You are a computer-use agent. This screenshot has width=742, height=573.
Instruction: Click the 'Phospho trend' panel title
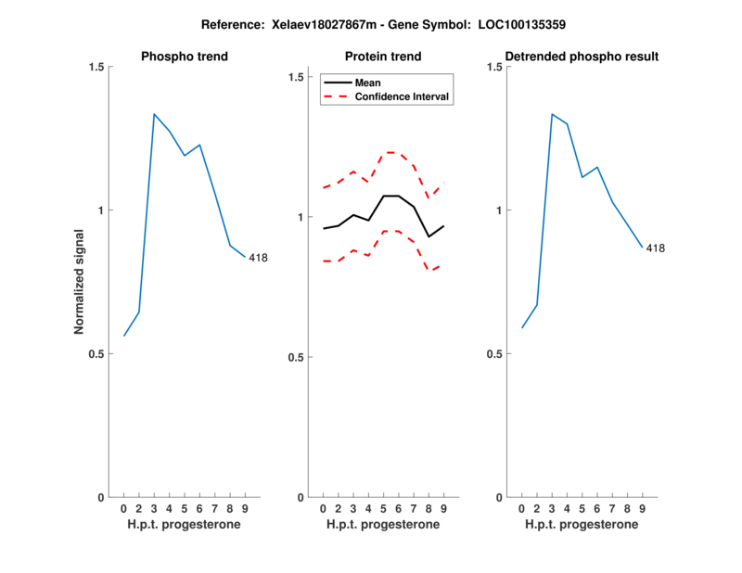click(184, 57)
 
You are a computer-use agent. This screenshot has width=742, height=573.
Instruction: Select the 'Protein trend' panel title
click(383, 57)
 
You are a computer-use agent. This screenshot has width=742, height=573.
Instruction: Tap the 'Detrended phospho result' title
click(582, 57)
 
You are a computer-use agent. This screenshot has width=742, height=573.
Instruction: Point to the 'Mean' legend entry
click(368, 83)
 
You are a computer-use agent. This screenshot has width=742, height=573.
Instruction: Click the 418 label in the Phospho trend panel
click(258, 258)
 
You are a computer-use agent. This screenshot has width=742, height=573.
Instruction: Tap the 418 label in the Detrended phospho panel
click(655, 248)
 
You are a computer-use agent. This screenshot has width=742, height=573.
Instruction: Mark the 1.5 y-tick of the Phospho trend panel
click(96, 67)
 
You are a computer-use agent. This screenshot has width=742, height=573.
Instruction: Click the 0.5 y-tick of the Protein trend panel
click(296, 357)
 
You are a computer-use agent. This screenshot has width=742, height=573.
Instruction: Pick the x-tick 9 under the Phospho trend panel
click(244, 508)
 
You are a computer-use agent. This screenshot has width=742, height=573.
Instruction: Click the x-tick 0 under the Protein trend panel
click(323, 508)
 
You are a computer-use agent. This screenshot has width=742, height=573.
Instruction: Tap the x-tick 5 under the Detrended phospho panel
click(582, 508)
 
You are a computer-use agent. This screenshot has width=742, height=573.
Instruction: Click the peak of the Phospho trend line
click(154, 114)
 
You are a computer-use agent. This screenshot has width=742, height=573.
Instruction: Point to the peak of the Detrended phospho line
click(552, 114)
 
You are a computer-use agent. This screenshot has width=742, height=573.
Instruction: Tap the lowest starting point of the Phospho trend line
click(123, 336)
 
